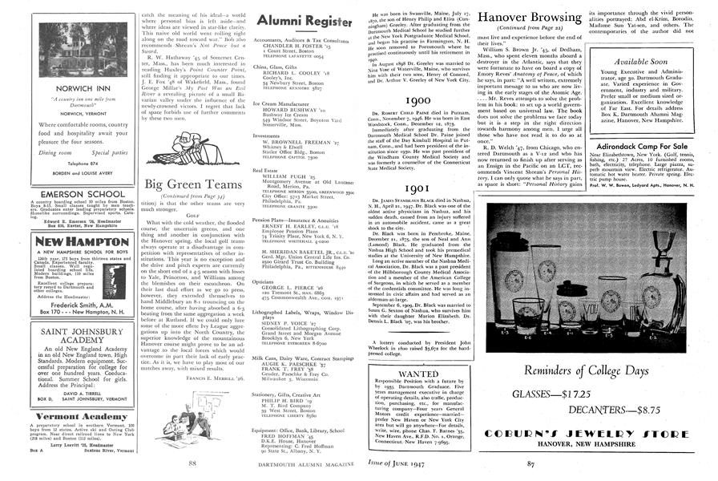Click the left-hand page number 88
[x=192, y=463]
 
